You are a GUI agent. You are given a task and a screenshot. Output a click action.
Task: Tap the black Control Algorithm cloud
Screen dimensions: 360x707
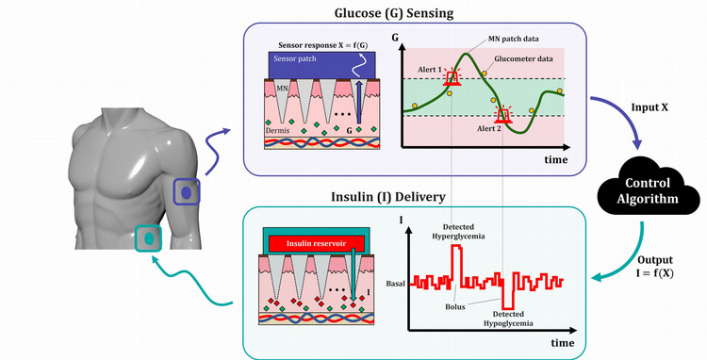coord(641,189)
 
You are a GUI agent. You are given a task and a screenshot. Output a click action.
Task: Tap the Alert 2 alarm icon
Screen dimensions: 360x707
coord(504,116)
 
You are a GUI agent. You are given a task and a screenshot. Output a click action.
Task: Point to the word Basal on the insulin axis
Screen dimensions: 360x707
coord(396,282)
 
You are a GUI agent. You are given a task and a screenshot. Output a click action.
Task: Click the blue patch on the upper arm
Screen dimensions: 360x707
coord(187,191)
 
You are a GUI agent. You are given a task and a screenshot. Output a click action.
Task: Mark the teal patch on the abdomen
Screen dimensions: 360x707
coord(148,237)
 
